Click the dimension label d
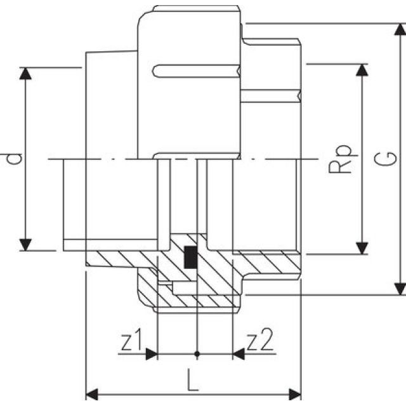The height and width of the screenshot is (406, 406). tap(14, 158)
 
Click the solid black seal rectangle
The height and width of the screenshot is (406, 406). tap(189, 256)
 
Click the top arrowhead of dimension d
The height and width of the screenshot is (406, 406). tap(25, 73)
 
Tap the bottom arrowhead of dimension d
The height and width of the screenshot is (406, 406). tap(25, 244)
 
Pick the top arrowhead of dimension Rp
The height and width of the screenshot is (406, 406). tap(362, 70)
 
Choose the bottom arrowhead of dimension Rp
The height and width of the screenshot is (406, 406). tap(362, 247)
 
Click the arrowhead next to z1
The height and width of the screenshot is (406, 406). tap(150, 353)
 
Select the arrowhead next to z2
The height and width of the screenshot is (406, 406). tap(239, 353)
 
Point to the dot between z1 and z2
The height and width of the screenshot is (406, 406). tap(198, 353)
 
